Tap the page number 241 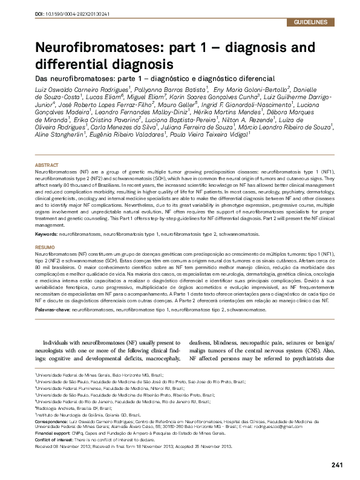point(338,465)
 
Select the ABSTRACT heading point(47,165)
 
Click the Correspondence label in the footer point(53,421)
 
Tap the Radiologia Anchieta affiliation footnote point(68,409)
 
